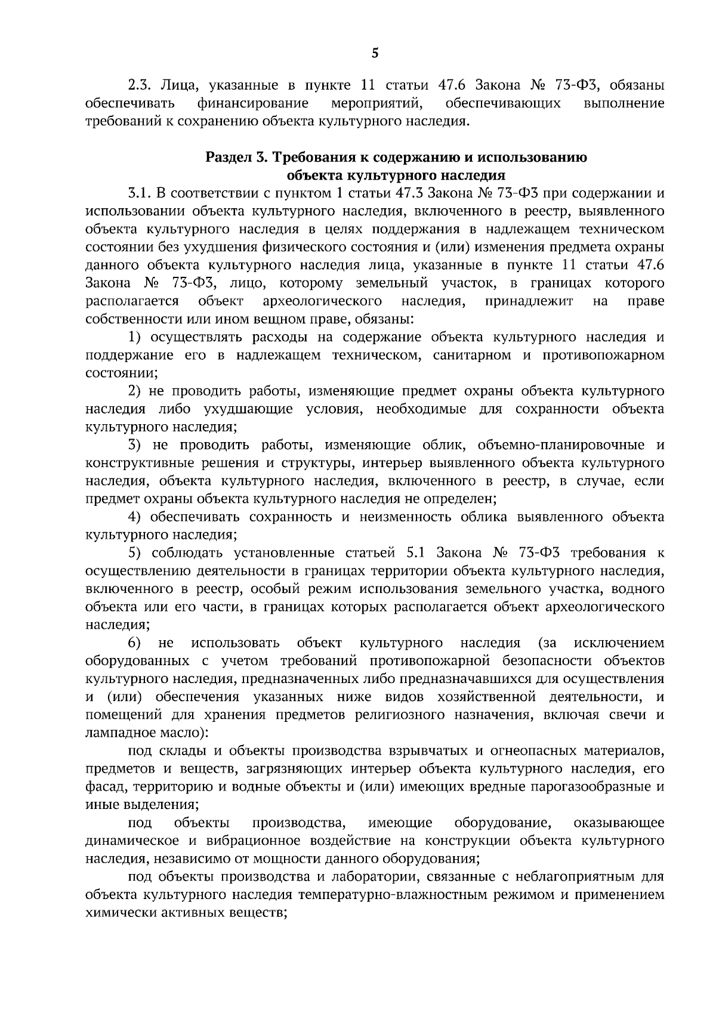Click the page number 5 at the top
(375, 54)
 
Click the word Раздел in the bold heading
(226, 157)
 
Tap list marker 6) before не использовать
(134, 643)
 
